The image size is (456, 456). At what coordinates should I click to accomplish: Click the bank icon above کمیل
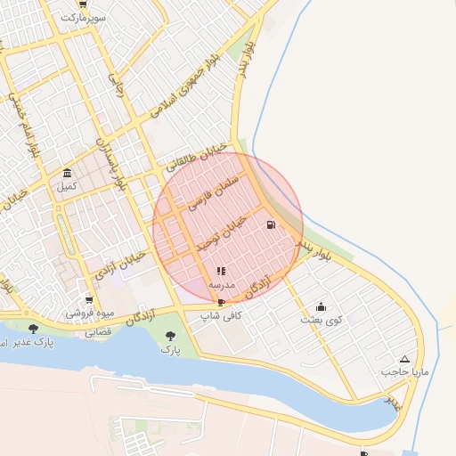click(x=68, y=173)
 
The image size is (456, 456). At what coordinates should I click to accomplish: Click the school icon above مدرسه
click(x=221, y=271)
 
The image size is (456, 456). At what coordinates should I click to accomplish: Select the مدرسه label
click(x=221, y=285)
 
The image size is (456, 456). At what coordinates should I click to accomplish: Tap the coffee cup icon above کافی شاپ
click(x=221, y=303)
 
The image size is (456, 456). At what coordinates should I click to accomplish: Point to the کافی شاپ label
click(x=221, y=316)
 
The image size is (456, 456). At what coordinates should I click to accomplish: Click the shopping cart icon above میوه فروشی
click(x=88, y=300)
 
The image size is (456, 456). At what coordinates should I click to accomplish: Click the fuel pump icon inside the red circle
click(x=270, y=225)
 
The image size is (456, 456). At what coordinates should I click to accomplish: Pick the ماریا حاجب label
click(x=405, y=371)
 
